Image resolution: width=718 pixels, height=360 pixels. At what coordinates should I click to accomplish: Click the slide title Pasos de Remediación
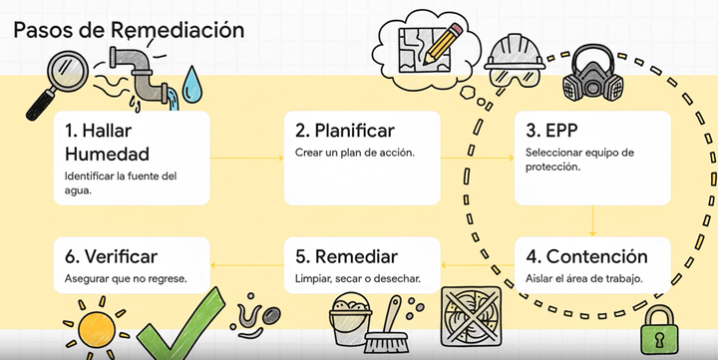point(129,29)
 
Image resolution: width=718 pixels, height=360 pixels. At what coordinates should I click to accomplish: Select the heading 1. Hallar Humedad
point(107,142)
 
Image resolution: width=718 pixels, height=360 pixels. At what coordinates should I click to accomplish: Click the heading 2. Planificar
point(345,131)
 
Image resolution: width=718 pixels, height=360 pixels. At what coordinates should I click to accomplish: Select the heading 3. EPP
point(552,131)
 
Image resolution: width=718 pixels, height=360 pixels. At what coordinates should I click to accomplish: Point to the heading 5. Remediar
point(347,256)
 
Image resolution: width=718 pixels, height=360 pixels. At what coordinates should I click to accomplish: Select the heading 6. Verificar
point(111,256)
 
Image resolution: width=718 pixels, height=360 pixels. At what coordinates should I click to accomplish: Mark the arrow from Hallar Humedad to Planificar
point(248,158)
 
